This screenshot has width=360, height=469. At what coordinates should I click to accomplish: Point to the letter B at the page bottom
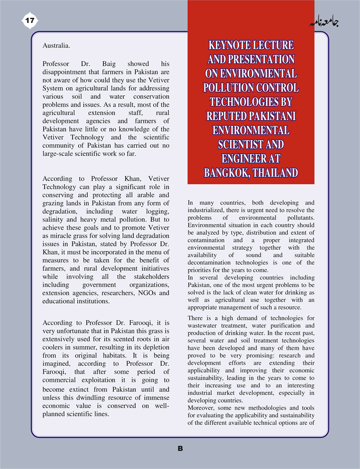tap(180, 449)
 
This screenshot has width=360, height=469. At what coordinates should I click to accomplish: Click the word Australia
tap(56, 46)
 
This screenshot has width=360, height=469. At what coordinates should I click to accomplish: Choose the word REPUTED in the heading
tap(227, 116)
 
